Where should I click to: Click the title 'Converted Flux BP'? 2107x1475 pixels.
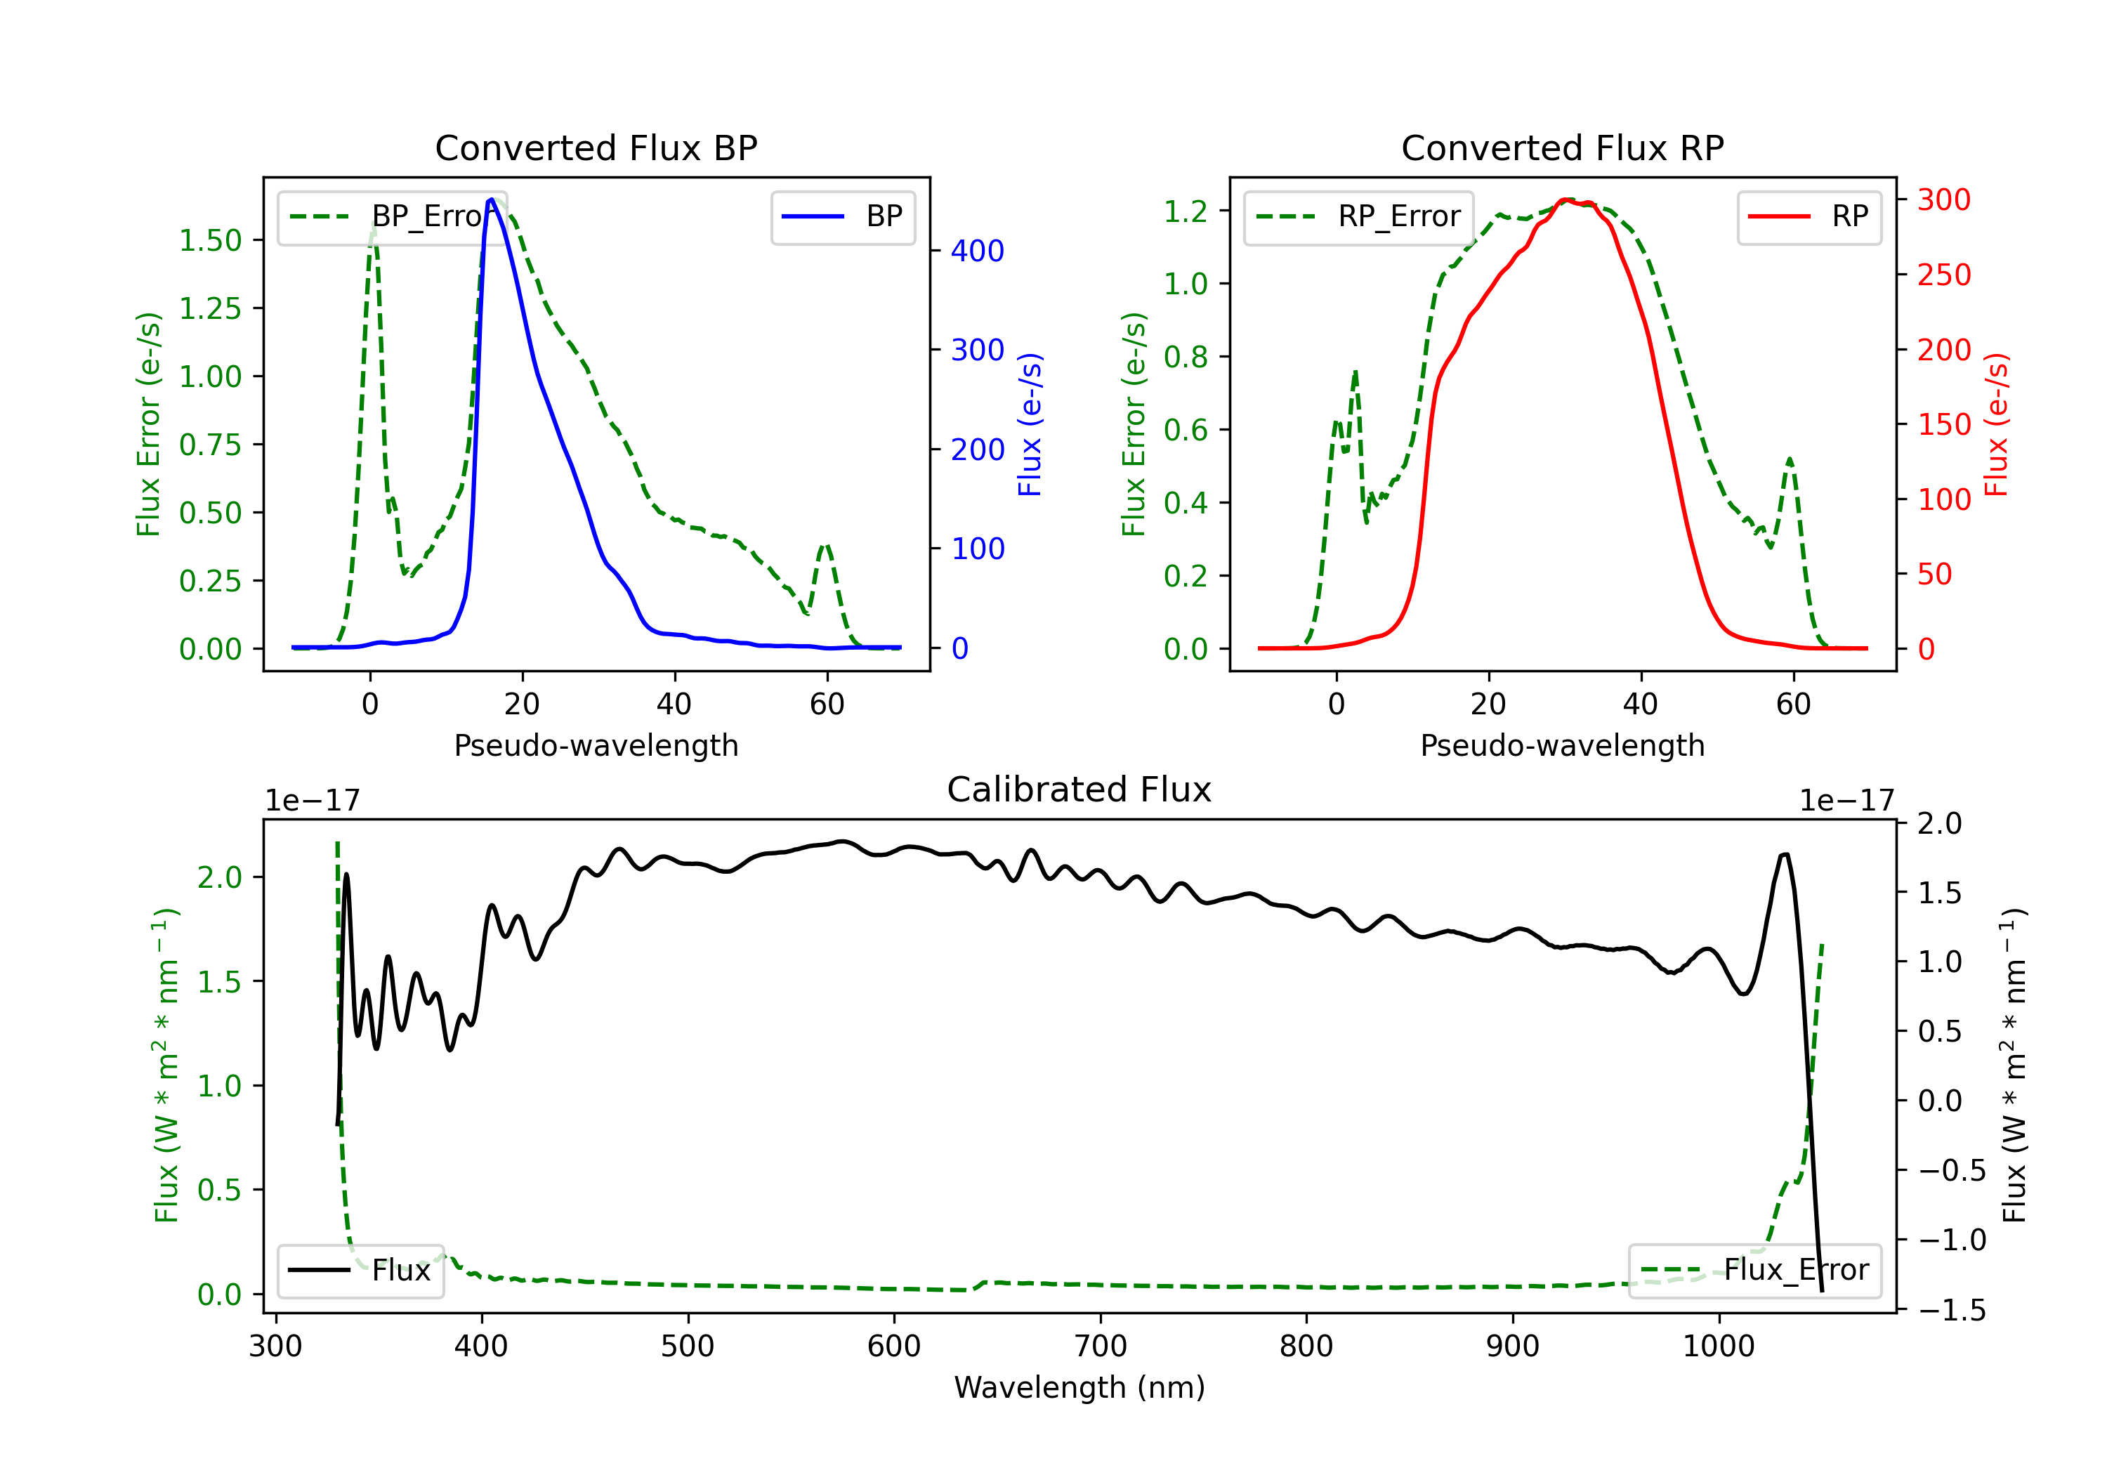click(596, 147)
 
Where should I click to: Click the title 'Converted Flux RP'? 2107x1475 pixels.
click(1562, 147)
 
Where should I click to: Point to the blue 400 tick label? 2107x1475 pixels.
click(978, 251)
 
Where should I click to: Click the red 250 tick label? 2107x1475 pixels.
click(1943, 275)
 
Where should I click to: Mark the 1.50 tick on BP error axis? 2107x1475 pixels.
click(210, 240)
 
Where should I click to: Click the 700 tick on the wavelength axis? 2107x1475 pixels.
click(1101, 1346)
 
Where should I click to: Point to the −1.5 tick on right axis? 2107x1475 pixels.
click(1951, 1310)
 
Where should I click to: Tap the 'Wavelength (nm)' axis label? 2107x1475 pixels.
click(1079, 1388)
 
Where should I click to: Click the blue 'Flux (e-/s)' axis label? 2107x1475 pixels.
click(1030, 424)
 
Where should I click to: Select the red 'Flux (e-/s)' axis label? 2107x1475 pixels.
click(1996, 424)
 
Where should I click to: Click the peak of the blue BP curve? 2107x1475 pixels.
click(492, 199)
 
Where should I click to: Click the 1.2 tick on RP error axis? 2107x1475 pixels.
click(1186, 211)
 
